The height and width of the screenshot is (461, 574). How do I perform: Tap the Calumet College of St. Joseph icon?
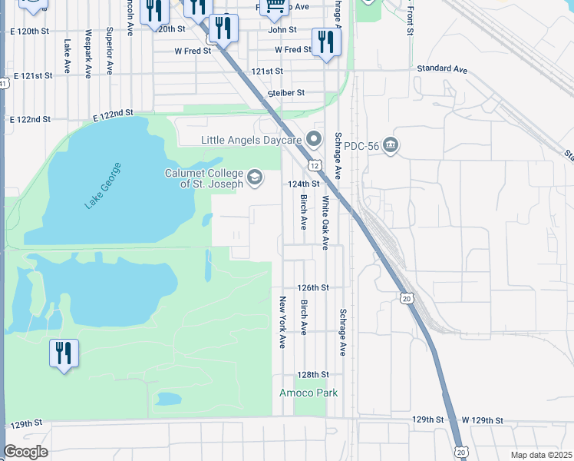pyautogui.click(x=255, y=178)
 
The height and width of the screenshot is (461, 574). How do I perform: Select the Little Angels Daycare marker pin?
pyautogui.click(x=313, y=140)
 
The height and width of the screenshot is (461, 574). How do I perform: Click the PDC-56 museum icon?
pyautogui.click(x=391, y=145)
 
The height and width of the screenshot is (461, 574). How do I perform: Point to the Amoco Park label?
pyautogui.click(x=308, y=393)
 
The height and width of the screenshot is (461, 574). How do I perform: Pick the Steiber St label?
pyautogui.click(x=286, y=93)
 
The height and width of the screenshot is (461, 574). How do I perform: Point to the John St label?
pyautogui.click(x=282, y=31)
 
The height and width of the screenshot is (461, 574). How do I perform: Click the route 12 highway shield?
pyautogui.click(x=315, y=165)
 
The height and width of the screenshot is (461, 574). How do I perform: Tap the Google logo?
pyautogui.click(x=25, y=452)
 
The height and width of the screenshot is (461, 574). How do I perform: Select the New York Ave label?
pyautogui.click(x=282, y=321)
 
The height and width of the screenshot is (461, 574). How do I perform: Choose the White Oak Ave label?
pyautogui.click(x=325, y=223)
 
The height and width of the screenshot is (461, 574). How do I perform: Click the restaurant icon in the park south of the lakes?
pyautogui.click(x=63, y=354)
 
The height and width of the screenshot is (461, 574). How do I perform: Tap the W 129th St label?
pyautogui.click(x=481, y=420)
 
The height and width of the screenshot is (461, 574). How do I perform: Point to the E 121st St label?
pyautogui.click(x=32, y=76)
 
